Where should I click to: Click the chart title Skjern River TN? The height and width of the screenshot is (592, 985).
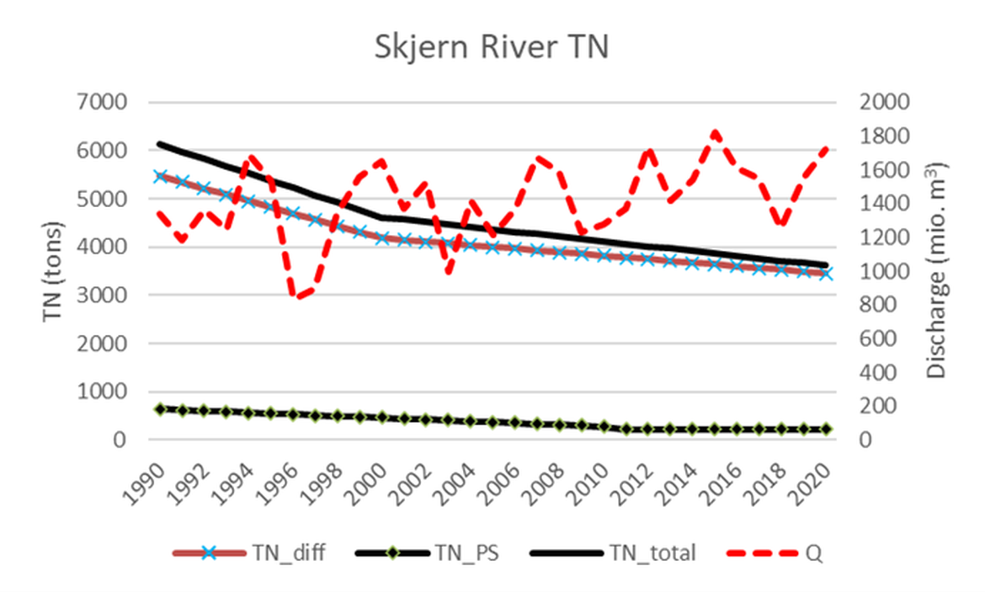(492, 48)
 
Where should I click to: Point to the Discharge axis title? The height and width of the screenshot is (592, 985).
(937, 271)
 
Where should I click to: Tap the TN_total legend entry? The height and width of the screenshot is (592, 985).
(615, 553)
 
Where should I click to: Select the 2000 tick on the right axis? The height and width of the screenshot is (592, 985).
(884, 103)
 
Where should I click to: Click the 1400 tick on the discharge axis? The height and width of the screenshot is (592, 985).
(884, 204)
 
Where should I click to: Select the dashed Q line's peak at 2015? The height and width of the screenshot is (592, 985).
(714, 133)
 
